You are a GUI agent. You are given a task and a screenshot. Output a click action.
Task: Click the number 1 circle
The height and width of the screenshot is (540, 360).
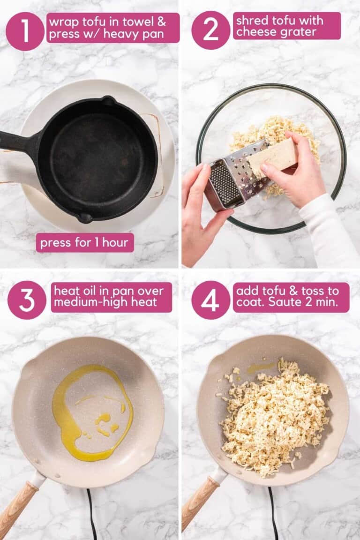pos(25,31)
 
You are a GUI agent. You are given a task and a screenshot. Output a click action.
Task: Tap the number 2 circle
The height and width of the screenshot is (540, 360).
pos(210,30)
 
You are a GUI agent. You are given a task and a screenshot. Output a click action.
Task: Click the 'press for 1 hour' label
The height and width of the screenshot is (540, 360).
pos(85,243)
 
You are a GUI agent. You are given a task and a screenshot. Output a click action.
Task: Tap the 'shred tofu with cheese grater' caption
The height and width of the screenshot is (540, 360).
pos(286,26)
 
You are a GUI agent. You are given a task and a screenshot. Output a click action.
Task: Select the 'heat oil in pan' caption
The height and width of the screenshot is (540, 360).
pos(112,297)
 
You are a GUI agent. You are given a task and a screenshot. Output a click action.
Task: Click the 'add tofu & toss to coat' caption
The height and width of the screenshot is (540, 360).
pos(291,297)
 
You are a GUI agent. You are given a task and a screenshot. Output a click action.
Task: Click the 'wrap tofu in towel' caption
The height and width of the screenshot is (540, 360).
pos(112,28)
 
